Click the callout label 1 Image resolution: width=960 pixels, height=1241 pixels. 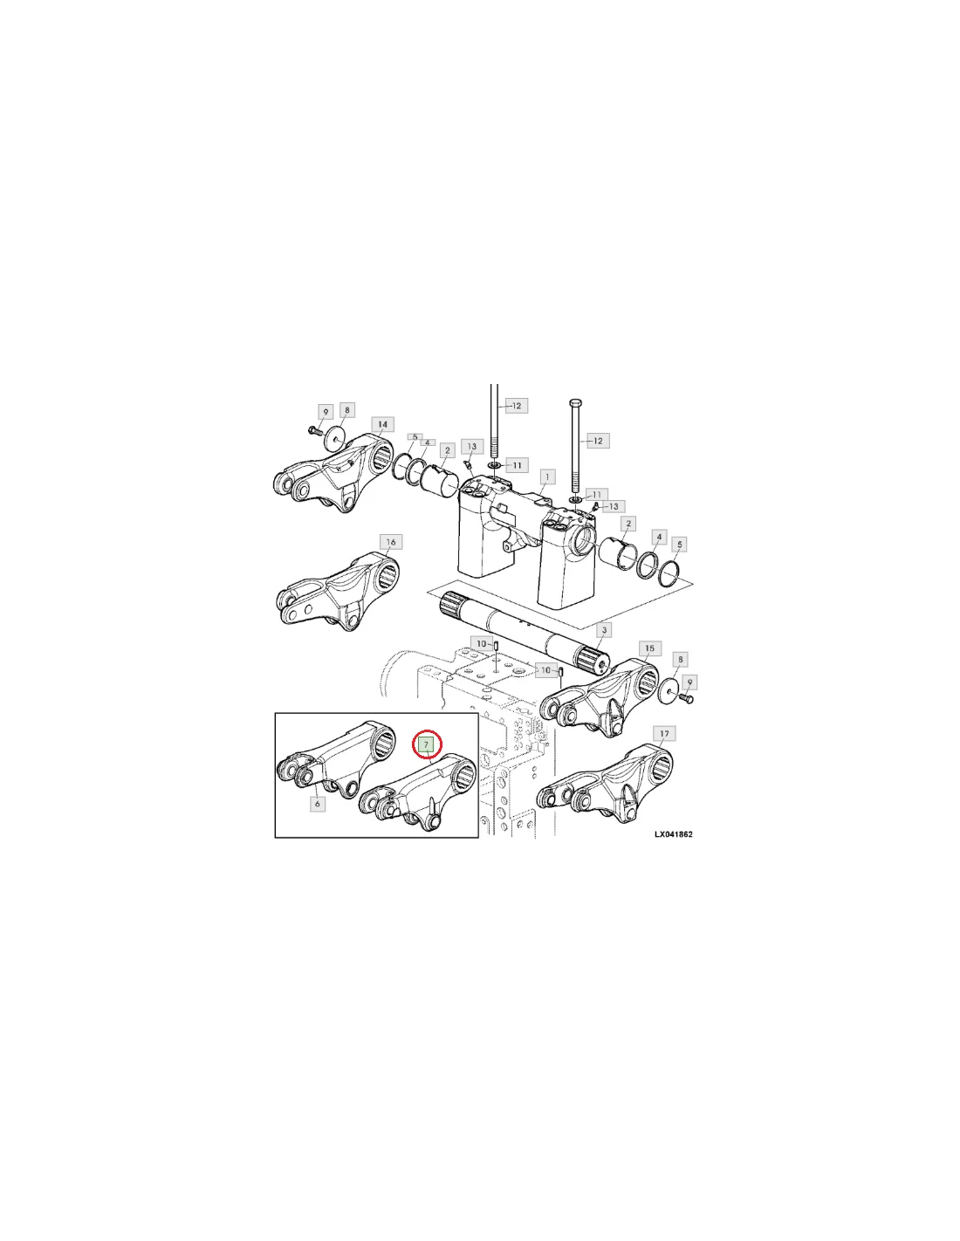(x=547, y=477)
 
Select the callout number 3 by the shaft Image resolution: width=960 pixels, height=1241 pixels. (x=604, y=630)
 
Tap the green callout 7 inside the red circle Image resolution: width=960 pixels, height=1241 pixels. (x=426, y=744)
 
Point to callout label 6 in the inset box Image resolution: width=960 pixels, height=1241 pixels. (x=318, y=804)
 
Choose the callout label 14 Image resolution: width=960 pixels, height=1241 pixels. (x=382, y=424)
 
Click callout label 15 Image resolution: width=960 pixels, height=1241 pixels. (x=650, y=648)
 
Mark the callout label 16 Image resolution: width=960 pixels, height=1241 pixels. (x=391, y=542)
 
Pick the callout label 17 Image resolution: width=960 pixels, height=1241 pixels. (x=664, y=734)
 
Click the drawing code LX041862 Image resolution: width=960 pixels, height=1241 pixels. (x=674, y=834)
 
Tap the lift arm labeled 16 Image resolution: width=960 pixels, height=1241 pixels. (x=338, y=591)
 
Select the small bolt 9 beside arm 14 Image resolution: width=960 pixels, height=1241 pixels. (x=313, y=429)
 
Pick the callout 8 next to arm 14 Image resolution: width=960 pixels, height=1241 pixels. (x=346, y=410)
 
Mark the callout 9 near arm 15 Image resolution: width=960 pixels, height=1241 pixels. (x=689, y=682)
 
